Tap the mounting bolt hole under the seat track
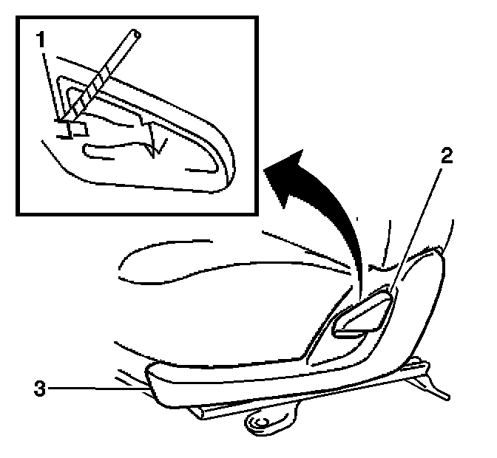click(261, 424)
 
